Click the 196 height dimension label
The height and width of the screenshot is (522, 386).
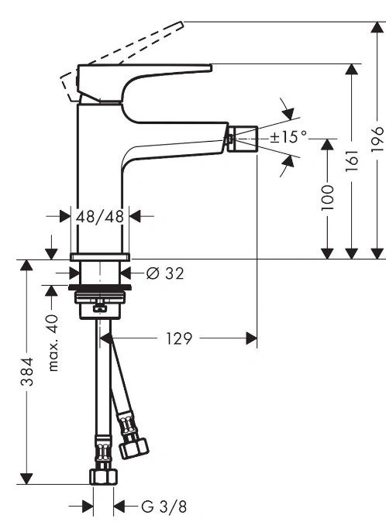pos(377,139)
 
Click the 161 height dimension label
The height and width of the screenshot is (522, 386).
pos(352,160)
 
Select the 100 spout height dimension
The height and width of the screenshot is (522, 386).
pos(327,197)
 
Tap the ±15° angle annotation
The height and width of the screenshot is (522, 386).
pos(288,136)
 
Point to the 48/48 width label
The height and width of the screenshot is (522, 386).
pos(100,217)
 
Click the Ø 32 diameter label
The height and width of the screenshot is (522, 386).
pos(165,273)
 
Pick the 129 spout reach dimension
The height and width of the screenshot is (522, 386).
pos(179,338)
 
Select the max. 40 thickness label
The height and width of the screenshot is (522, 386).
pos(53,343)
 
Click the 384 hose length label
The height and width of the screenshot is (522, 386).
pos(27,371)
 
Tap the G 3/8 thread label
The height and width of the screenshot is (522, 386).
pos(164,507)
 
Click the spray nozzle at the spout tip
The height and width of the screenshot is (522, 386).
pos(242,138)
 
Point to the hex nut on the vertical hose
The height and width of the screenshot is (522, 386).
pos(104,476)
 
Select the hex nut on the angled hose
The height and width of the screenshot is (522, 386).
pos(134,448)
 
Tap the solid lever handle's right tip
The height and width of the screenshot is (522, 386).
pos(211,67)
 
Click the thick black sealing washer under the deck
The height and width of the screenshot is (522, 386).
pos(100,287)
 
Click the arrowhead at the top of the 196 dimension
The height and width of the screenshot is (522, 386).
pos(377,27)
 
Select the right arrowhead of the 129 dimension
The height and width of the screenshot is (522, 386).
pos(251,338)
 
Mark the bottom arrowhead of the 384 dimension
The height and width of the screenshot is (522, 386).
pos(26,479)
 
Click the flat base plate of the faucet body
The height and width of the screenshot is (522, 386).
pos(100,256)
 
